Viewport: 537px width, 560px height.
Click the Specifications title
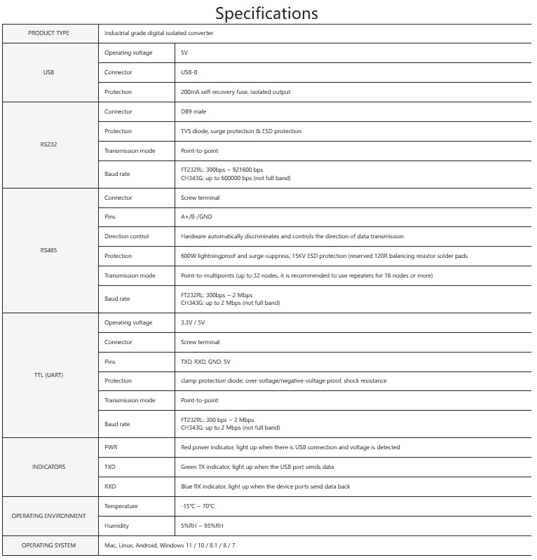tap(266, 13)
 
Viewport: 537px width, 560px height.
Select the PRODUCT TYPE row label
tap(48, 33)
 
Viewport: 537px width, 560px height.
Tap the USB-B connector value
tap(189, 72)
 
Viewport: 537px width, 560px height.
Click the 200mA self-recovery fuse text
tap(236, 92)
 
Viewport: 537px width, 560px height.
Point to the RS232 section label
tap(48, 144)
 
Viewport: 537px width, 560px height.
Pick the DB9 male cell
tap(193, 111)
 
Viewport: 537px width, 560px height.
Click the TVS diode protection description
tap(241, 131)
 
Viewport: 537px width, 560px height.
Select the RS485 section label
tap(48, 250)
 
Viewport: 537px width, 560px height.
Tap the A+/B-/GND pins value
tap(196, 217)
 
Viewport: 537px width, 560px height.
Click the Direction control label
tap(127, 236)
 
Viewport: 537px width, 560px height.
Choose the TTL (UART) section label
tap(48, 375)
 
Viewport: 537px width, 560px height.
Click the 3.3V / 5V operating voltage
tap(193, 322)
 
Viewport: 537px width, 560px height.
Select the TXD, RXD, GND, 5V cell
tap(205, 362)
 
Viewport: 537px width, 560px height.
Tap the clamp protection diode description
tap(283, 381)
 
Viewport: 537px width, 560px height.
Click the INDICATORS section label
tap(48, 467)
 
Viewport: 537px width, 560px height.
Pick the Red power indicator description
tap(290, 447)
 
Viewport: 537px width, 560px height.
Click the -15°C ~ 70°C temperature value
tap(198, 506)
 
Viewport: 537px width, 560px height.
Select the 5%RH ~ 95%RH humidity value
tap(202, 526)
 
